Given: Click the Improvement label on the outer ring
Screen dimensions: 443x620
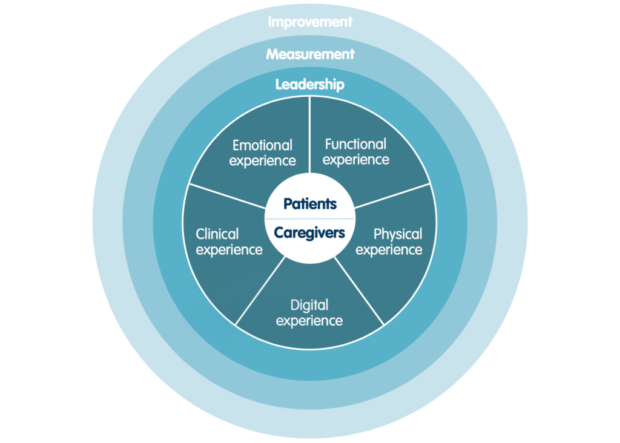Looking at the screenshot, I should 310,22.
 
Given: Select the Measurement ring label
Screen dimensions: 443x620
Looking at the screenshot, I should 310,54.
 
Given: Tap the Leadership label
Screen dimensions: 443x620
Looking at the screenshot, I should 310,84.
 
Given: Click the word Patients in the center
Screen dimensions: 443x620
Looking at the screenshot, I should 310,203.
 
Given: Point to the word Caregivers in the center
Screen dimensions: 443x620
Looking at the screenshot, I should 310,232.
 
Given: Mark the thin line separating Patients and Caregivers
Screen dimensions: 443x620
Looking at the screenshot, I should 310,218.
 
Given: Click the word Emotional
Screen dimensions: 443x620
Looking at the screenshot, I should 262,145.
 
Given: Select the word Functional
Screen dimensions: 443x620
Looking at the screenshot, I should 355,144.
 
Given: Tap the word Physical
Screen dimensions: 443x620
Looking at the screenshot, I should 398,234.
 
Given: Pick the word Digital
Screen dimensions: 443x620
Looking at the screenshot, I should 309,304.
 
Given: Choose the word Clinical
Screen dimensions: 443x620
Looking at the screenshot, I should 217,234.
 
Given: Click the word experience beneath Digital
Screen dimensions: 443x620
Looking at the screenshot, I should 309,320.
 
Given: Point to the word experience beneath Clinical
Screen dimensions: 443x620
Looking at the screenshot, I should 229,249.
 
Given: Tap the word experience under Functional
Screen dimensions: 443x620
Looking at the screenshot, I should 356,160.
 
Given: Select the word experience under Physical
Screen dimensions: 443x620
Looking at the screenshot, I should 389,249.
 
